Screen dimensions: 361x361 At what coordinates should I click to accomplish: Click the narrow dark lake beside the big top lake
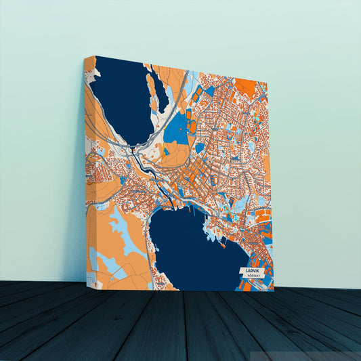161,91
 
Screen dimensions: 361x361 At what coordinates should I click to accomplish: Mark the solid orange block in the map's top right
247,87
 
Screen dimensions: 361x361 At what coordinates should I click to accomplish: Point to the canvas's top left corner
95,56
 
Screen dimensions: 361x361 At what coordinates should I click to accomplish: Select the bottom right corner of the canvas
274,291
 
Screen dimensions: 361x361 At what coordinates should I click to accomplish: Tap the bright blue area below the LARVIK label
261,284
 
